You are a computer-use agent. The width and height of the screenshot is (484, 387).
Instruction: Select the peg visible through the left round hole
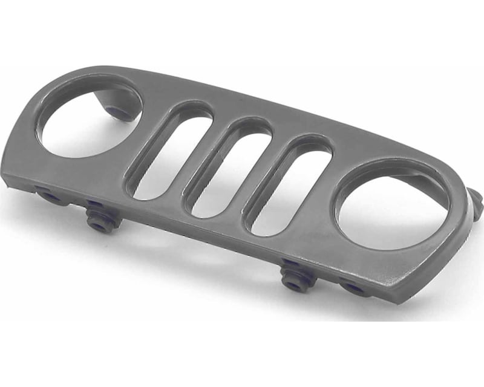119,112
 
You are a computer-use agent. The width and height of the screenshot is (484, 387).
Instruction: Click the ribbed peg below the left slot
100,221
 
